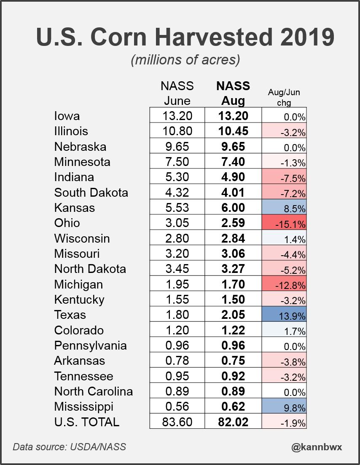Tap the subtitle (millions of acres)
click(x=185, y=60)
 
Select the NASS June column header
click(x=177, y=93)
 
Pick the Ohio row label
click(x=67, y=223)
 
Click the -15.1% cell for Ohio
click(x=285, y=223)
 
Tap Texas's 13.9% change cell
click(x=285, y=315)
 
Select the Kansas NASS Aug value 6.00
click(x=233, y=208)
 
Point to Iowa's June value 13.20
click(x=177, y=116)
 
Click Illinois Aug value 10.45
click(x=233, y=131)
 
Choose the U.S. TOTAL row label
click(x=87, y=422)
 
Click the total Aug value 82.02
click(x=233, y=422)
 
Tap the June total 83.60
click(x=177, y=422)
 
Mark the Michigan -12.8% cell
click(x=285, y=284)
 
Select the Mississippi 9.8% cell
click(x=285, y=407)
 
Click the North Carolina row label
click(x=94, y=391)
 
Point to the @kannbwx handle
click(x=317, y=447)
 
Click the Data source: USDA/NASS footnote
click(x=69, y=446)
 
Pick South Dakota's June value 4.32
click(x=177, y=192)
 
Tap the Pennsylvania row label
click(x=90, y=345)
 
